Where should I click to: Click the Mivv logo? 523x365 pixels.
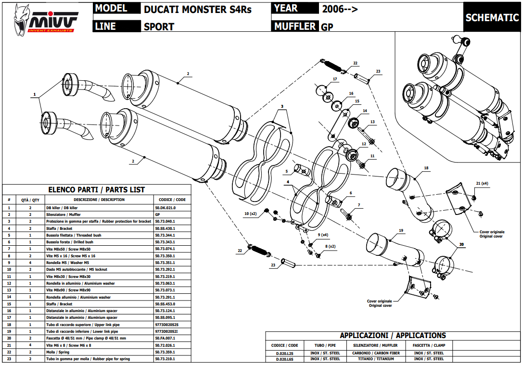[x=45, y=20]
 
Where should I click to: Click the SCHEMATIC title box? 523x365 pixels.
[x=492, y=18]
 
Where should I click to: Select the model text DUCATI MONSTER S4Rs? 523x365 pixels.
[x=197, y=9]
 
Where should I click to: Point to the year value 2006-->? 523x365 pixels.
[x=340, y=9]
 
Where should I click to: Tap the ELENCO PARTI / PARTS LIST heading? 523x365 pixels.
[x=96, y=190]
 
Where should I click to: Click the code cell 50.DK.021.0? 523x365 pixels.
[x=166, y=208]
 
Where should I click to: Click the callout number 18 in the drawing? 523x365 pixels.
[x=426, y=168]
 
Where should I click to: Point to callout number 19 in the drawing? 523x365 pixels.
[x=400, y=231]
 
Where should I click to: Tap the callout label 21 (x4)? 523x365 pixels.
[x=482, y=184]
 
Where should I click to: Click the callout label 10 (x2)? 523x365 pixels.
[x=250, y=213]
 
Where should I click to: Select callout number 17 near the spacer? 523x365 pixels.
[x=335, y=79]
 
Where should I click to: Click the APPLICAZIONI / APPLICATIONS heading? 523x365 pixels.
[x=393, y=336]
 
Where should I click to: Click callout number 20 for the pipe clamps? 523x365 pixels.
[x=461, y=245]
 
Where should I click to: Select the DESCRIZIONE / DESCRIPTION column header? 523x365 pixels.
[x=99, y=200]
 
